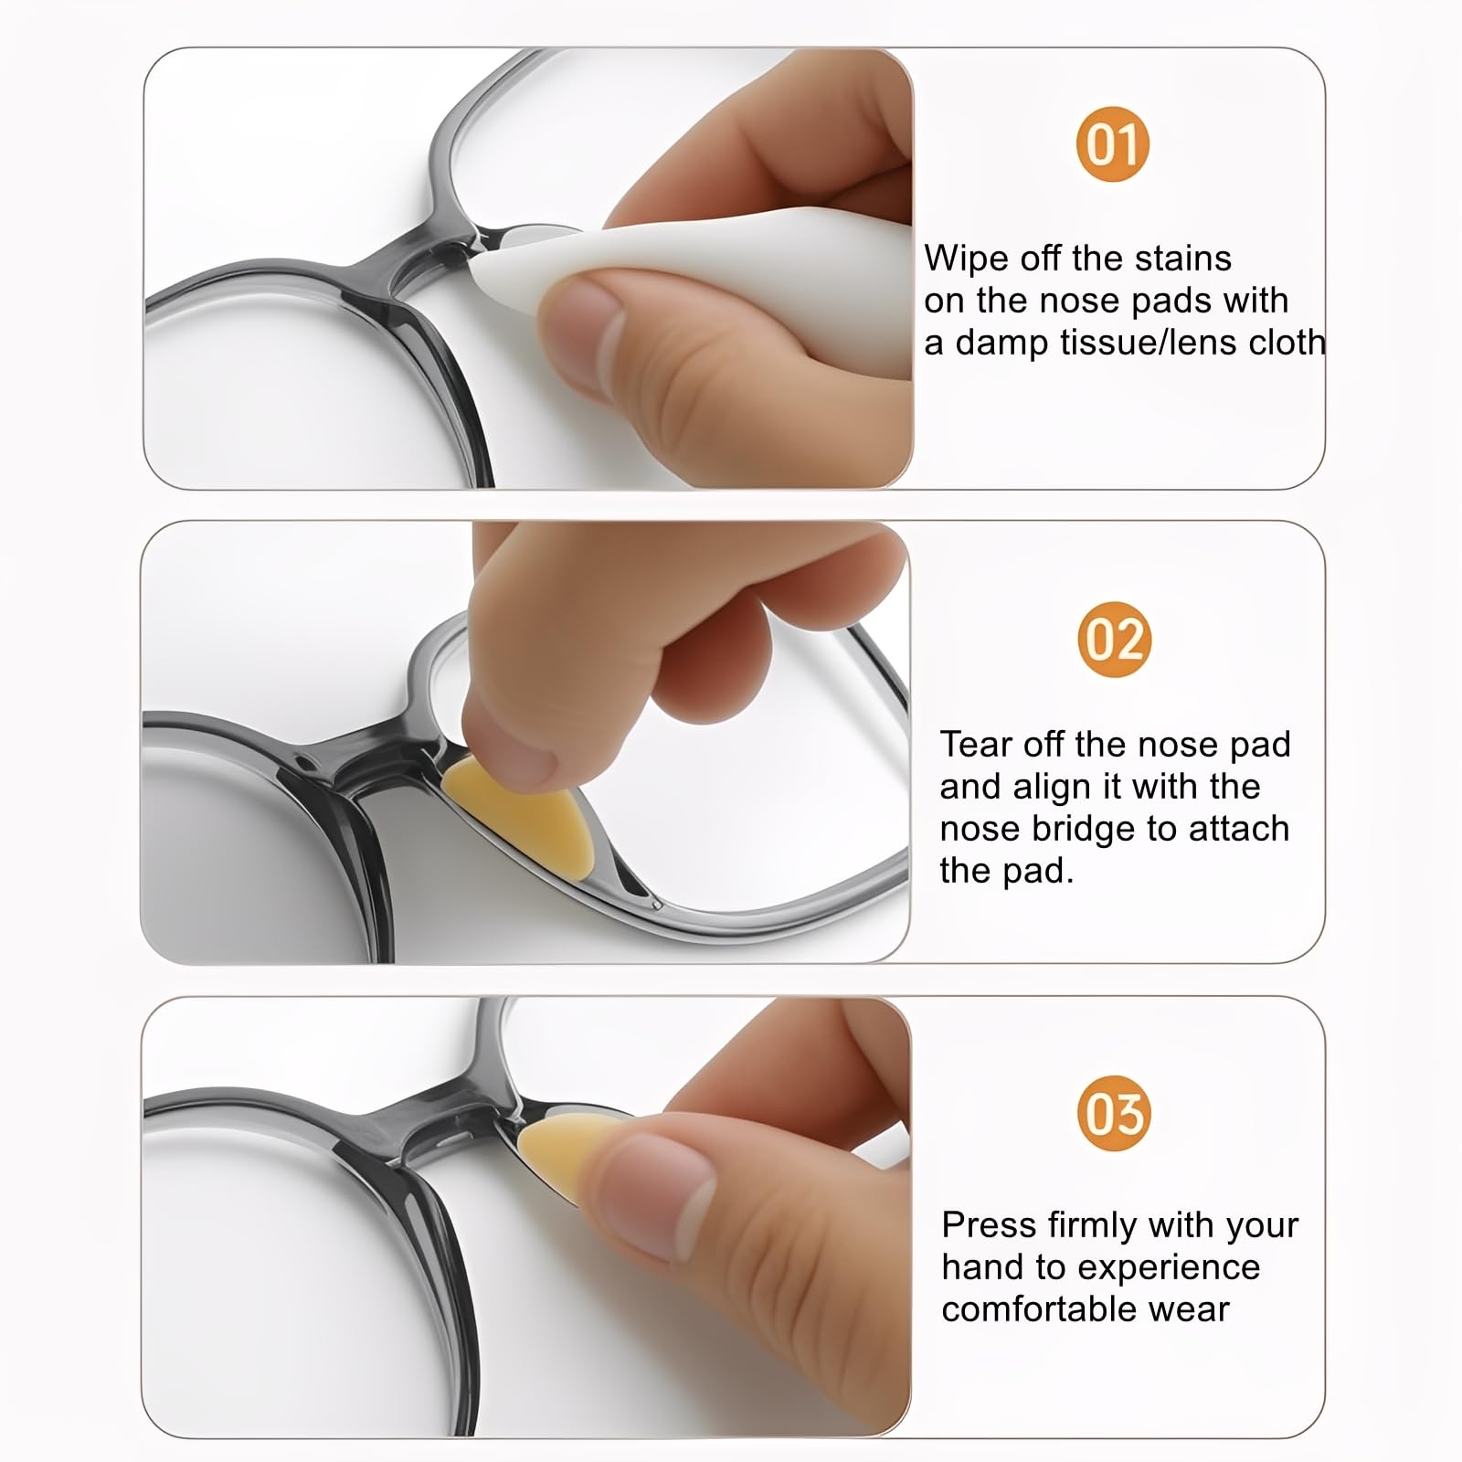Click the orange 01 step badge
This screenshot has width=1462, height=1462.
click(x=1112, y=144)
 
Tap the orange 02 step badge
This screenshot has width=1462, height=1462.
click(x=1113, y=639)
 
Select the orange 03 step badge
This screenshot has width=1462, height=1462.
click(x=1113, y=1113)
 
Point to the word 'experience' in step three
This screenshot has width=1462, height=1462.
click(x=1169, y=1267)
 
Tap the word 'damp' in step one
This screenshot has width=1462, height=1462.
click(x=1001, y=343)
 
